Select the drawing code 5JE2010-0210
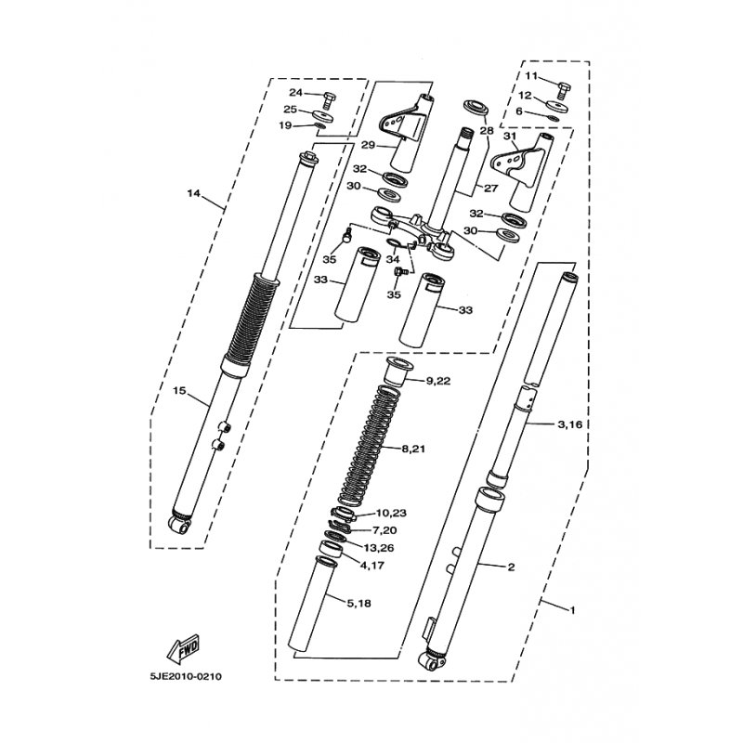coord(186,677)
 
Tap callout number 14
coord(194,193)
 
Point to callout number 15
coord(179,391)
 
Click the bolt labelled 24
coord(328,100)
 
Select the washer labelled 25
coord(323,115)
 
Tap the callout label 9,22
coord(438,381)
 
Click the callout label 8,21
coord(413,449)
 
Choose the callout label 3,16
coord(569,424)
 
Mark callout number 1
coord(572,610)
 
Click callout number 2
coord(511,567)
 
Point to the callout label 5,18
coord(358,604)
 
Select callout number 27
coord(490,189)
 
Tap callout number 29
coord(368,145)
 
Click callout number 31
coord(509,136)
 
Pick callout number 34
coord(392,259)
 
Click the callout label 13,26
coord(379,548)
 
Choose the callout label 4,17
coord(372,566)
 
